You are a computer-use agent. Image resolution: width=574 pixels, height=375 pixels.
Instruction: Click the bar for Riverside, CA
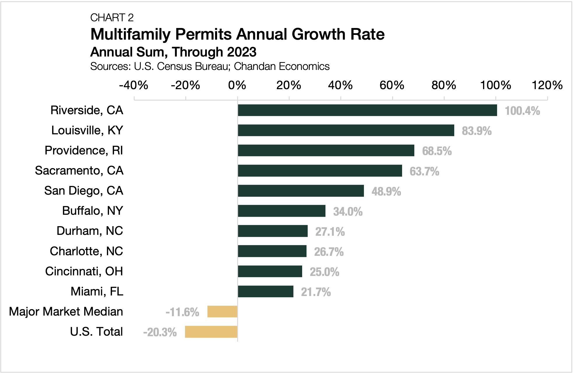tap(367, 110)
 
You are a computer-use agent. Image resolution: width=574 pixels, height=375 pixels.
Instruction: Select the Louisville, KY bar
tap(346, 131)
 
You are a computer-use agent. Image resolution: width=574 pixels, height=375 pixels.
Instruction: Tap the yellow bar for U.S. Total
tap(211, 332)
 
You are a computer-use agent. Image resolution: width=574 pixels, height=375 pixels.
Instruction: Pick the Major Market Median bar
tap(222, 312)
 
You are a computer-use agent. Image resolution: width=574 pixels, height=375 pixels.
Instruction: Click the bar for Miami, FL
tap(265, 292)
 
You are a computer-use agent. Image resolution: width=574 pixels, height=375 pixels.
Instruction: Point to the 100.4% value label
tap(522, 111)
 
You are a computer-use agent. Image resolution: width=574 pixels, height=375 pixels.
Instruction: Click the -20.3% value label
tap(160, 332)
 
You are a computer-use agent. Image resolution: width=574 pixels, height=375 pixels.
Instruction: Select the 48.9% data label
tap(386, 192)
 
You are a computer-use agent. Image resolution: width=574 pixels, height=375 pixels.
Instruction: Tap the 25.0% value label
tap(324, 272)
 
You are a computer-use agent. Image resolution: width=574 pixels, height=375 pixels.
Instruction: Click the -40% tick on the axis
tap(134, 86)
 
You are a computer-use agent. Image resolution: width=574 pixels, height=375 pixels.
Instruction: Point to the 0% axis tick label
tap(237, 86)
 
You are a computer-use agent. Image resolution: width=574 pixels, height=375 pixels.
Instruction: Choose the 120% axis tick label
tap(547, 86)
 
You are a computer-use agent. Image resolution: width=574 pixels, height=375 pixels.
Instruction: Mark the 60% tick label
tap(392, 86)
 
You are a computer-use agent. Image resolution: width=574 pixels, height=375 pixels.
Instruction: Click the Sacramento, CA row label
tap(79, 171)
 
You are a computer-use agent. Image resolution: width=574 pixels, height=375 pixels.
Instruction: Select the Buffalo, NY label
tap(93, 211)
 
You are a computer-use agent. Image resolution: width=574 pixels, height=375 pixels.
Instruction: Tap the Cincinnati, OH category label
tap(84, 272)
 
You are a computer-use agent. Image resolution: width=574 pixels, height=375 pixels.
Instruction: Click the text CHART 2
tap(112, 18)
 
